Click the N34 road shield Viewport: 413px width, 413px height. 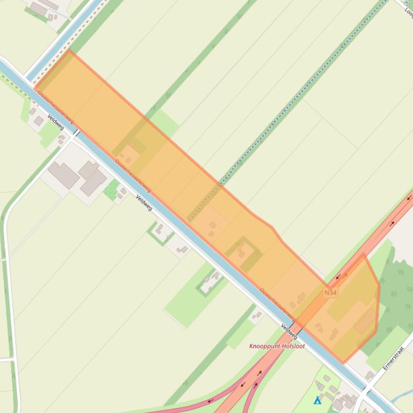330,292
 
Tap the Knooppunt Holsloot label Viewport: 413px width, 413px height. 277,346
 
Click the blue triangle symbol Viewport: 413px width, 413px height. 317,400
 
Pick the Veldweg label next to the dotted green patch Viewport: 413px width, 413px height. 144,203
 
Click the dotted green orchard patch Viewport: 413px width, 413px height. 112,190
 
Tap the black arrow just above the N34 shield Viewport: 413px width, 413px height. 338,278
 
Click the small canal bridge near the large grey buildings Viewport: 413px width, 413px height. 76,132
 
